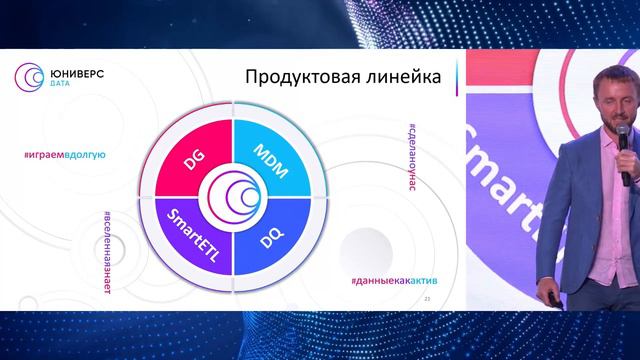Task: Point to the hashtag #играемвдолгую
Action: [x=64, y=156]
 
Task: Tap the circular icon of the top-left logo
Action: [x=27, y=77]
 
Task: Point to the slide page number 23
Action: [x=428, y=298]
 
